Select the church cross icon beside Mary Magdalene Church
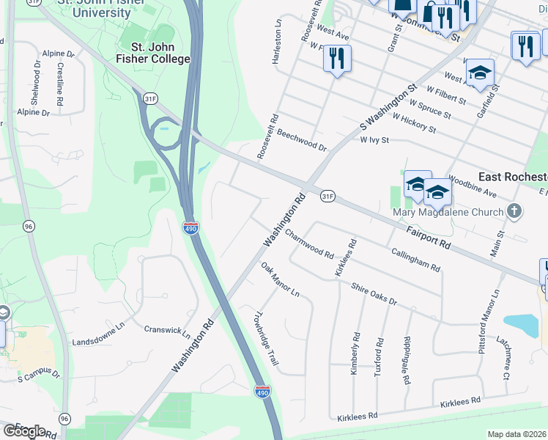pos(515,212)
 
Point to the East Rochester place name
pos(512,177)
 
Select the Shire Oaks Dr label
pos(374,295)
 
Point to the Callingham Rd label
pos(415,259)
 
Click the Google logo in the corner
pos(24,430)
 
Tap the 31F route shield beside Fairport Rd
pos(327,196)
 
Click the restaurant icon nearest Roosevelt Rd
pos(336,58)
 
